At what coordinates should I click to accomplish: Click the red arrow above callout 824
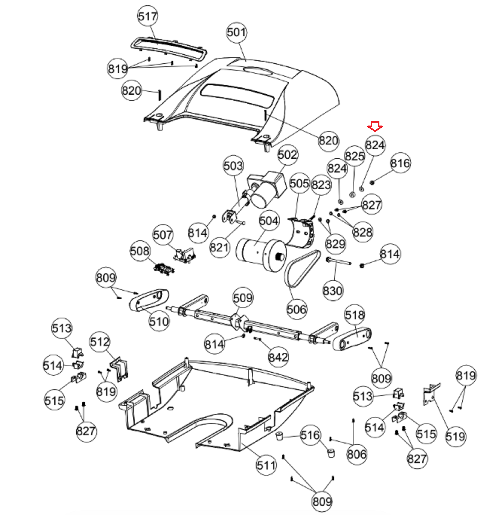point(375,126)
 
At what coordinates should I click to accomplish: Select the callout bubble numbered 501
point(237,32)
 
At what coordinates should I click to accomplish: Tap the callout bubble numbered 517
point(148,16)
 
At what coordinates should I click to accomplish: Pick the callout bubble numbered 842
point(278,357)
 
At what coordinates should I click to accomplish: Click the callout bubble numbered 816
point(400,163)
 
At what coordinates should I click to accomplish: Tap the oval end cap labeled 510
point(149,300)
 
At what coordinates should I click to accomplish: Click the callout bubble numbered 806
point(357,454)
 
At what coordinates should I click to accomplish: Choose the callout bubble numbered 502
point(287,155)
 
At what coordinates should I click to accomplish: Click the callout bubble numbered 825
point(355,156)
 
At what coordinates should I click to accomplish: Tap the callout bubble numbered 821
point(219,248)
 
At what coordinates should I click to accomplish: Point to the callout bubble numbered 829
point(335,244)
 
